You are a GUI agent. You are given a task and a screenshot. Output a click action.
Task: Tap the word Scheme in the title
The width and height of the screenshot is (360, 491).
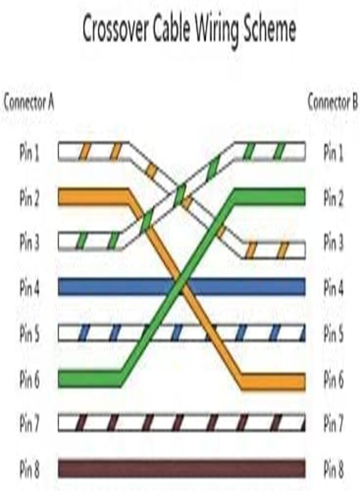[269, 29]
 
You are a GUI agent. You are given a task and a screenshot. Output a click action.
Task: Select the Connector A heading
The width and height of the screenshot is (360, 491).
[29, 103]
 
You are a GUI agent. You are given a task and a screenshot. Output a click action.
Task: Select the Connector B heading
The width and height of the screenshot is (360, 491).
[332, 103]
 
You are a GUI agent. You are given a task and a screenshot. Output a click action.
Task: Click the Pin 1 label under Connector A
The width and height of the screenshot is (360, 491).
[29, 153]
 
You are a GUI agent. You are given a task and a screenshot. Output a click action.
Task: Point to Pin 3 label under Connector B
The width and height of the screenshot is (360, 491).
[333, 243]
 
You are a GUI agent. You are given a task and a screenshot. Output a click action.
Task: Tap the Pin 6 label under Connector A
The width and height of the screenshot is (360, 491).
[29, 379]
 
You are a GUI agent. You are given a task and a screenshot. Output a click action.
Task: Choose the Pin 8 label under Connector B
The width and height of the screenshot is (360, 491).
[333, 469]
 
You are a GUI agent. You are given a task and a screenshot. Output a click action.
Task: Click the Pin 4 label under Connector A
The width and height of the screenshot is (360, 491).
[29, 288]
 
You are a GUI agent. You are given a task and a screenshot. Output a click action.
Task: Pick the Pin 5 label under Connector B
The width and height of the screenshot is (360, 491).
[333, 334]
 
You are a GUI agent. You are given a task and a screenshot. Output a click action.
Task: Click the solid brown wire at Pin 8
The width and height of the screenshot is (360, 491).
[182, 469]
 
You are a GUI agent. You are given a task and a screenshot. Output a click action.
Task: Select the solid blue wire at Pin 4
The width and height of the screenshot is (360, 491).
[182, 286]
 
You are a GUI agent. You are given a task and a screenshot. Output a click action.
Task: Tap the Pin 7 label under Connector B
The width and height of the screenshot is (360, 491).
[333, 424]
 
